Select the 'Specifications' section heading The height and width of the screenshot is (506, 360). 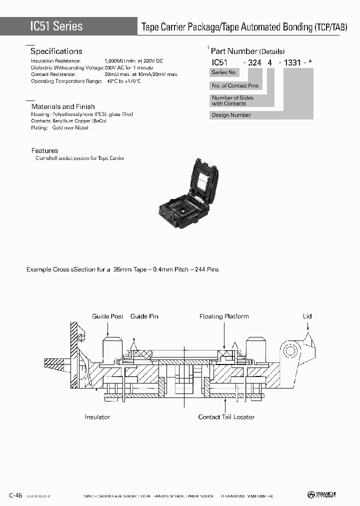click(56, 51)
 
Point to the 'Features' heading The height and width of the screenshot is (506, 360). click(44, 150)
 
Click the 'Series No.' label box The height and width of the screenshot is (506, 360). click(224, 72)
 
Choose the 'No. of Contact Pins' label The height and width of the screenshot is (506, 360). click(235, 86)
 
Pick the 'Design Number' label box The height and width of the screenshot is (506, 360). click(231, 115)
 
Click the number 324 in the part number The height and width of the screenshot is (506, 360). click(255, 62)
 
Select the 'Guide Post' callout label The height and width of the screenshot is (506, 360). click(107, 316)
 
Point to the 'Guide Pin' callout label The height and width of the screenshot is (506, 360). click(144, 316)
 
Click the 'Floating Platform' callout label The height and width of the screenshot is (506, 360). click(224, 316)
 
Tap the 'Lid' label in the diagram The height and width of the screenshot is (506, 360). click(307, 316)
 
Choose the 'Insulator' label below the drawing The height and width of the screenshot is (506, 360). click(97, 416)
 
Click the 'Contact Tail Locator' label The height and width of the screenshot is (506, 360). click(226, 416)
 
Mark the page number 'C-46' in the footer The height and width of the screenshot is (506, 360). click(15, 495)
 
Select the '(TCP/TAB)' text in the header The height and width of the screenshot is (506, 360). click(330, 27)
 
